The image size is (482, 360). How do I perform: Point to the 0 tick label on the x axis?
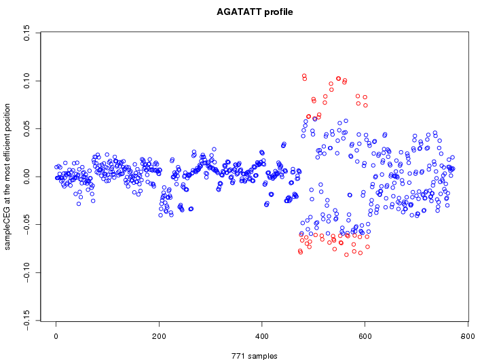tap(56, 336)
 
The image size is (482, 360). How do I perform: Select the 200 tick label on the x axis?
tap(159, 336)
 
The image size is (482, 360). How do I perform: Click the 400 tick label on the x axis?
tap(262, 336)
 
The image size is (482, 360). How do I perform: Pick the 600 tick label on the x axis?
tap(365, 336)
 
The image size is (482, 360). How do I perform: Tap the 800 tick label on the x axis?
tap(468, 336)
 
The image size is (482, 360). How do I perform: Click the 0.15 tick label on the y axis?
tap(26, 33)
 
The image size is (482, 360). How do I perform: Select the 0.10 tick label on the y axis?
tap(26, 80)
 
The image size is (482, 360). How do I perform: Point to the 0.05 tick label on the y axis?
tap(26, 128)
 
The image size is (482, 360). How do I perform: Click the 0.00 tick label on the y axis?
tap(26, 177)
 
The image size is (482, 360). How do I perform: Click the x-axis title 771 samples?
tap(255, 355)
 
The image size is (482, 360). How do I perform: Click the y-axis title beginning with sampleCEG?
tap(8, 177)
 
